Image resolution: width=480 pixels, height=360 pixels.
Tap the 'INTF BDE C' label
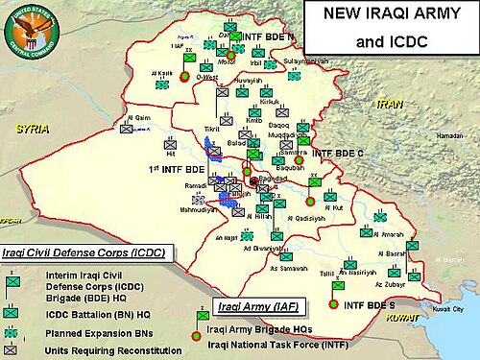click(x=342, y=154)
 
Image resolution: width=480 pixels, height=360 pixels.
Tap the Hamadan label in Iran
click(x=448, y=136)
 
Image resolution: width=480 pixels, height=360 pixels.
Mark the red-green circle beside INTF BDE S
click(x=333, y=304)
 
